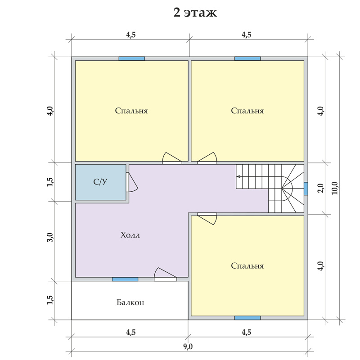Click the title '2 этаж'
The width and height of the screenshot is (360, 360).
(195, 13)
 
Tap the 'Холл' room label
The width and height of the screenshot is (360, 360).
(130, 235)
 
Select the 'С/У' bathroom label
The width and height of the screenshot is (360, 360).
(100, 182)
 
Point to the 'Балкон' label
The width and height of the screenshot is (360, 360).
(130, 302)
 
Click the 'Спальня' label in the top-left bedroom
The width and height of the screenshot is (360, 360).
(131, 111)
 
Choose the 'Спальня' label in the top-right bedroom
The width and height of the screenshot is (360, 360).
(247, 111)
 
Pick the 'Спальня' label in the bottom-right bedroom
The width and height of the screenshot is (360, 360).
(247, 265)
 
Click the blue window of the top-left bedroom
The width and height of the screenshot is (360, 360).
(132, 58)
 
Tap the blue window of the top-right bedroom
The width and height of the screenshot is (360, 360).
(247, 58)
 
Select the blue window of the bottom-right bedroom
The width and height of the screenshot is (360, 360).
(247, 318)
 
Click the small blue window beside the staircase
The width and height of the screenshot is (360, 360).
(306, 189)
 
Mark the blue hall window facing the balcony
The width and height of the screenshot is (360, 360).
(125, 279)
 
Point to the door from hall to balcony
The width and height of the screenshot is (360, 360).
(165, 274)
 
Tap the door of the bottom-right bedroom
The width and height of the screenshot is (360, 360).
(207, 219)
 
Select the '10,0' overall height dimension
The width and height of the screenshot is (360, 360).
(335, 188)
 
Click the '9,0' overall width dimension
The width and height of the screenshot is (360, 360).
(188, 346)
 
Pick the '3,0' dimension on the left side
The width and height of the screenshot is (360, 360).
(50, 238)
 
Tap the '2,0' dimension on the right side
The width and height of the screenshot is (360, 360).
(321, 188)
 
